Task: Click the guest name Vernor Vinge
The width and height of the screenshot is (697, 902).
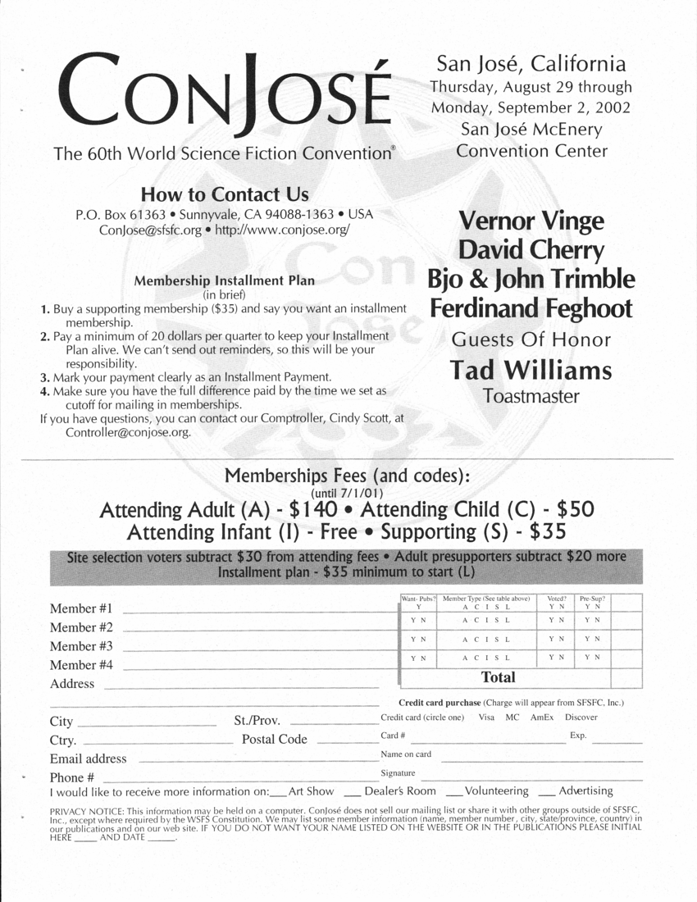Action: point(531,221)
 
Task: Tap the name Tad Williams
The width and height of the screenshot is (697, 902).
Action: point(531,371)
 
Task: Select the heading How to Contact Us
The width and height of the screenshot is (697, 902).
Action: point(225,194)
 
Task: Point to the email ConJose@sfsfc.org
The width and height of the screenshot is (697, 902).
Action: point(150,230)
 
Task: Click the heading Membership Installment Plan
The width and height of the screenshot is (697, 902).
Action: point(224,280)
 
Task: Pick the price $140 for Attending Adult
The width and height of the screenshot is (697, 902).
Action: point(313,509)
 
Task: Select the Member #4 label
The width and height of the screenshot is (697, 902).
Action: point(81,665)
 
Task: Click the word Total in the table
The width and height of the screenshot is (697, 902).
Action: point(499,677)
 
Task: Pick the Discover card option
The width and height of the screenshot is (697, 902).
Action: point(581,717)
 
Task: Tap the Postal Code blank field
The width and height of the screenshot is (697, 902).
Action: point(343,741)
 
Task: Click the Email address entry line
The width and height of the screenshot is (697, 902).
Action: point(258,760)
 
